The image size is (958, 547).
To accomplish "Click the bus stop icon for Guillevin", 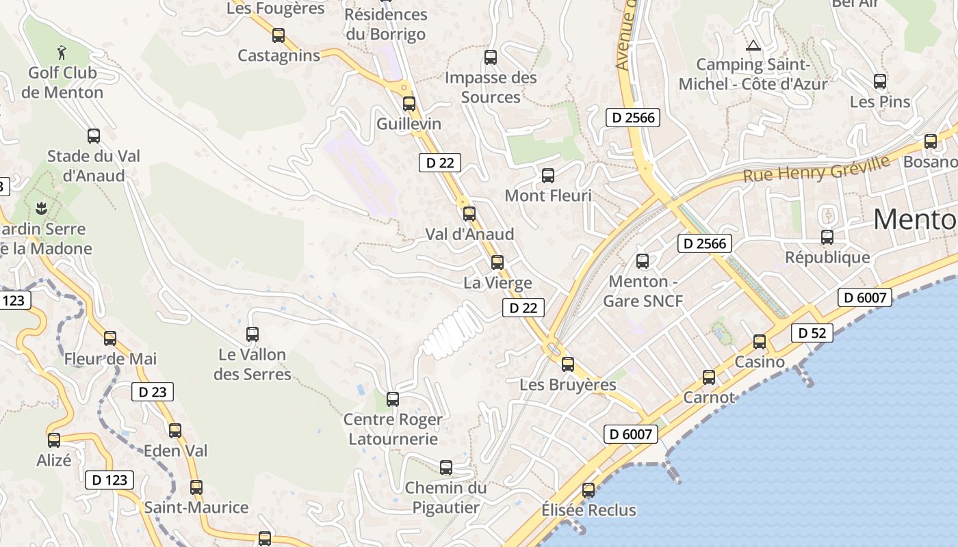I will (409, 104).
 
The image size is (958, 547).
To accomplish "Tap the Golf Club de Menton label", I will (62, 83).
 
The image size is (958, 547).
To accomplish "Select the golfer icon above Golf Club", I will (62, 52).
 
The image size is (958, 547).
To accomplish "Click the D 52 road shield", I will (812, 334).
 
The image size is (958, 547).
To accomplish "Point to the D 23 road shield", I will (153, 392).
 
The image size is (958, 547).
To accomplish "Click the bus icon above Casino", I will (760, 341).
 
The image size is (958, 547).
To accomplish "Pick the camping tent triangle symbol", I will (753, 46).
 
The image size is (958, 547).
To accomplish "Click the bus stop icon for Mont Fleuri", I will (548, 176).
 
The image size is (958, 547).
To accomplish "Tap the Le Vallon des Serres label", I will (253, 364).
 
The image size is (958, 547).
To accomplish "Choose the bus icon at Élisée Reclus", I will (588, 490).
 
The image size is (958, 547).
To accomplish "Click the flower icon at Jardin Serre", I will (42, 206).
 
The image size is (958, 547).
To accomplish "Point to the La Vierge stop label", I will (497, 282).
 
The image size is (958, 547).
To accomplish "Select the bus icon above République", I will (827, 237).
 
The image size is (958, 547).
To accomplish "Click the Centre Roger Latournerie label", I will (393, 429).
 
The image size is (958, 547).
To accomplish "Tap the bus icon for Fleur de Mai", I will (110, 338).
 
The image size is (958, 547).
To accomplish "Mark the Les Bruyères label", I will (568, 385).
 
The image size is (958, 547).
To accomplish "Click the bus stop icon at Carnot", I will (709, 377).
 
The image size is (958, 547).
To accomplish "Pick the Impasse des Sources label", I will (491, 88).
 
